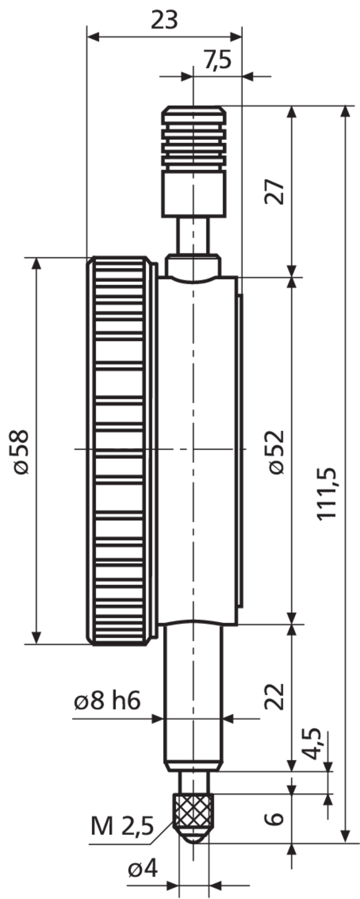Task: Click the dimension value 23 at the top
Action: [164, 20]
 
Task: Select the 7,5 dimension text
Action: [218, 60]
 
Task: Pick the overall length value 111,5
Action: [328, 493]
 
